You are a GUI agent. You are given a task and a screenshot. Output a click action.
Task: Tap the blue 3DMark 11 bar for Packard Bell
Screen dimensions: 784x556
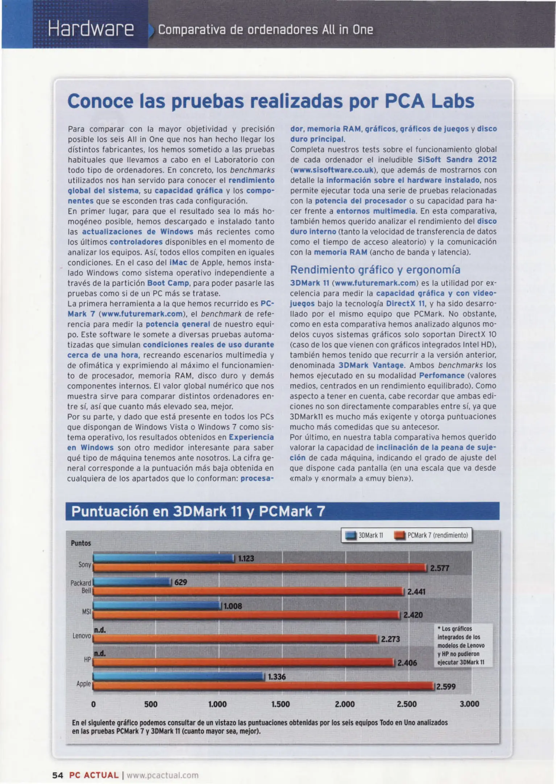tap(132, 582)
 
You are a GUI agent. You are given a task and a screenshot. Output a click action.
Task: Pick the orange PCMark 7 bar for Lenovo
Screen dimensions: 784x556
tap(236, 639)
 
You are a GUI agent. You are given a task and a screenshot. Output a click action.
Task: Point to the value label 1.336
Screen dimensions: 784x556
tap(277, 677)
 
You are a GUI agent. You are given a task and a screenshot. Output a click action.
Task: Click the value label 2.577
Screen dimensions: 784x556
tap(439, 568)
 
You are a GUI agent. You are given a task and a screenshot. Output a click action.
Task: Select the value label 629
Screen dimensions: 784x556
tap(181, 582)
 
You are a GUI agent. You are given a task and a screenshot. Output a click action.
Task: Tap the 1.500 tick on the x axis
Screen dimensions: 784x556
tap(281, 704)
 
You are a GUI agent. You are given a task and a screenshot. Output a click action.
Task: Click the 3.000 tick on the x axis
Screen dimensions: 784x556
tap(469, 704)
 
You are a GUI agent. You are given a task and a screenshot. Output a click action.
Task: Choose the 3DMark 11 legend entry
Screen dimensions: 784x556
tap(365, 535)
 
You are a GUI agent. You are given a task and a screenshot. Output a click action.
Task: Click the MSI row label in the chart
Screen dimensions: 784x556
tap(86, 612)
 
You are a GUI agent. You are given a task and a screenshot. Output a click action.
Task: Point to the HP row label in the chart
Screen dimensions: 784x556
tap(87, 660)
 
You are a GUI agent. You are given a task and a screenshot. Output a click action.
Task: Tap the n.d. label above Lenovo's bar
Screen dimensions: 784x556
tap(100, 630)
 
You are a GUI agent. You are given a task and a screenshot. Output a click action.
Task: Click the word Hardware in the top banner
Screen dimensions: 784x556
tap(91, 29)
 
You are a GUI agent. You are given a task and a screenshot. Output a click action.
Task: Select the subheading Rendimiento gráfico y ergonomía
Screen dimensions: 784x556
tap(375, 270)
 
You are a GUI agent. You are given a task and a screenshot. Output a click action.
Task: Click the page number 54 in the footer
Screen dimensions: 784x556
tap(58, 775)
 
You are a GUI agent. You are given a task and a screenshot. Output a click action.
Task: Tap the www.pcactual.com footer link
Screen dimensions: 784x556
tap(162, 775)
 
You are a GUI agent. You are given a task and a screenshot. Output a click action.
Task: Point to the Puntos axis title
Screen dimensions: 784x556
tap(80, 543)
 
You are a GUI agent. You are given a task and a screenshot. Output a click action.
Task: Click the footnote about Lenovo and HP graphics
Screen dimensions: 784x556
tap(461, 645)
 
